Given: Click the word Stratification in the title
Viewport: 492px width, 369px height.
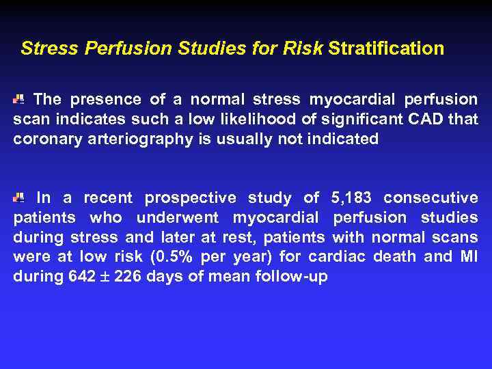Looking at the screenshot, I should point(386,49).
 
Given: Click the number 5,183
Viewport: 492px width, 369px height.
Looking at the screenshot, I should point(351,198).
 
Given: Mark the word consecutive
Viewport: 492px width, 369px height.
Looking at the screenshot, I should point(430,198).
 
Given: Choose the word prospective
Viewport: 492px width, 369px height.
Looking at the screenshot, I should point(191,199).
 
